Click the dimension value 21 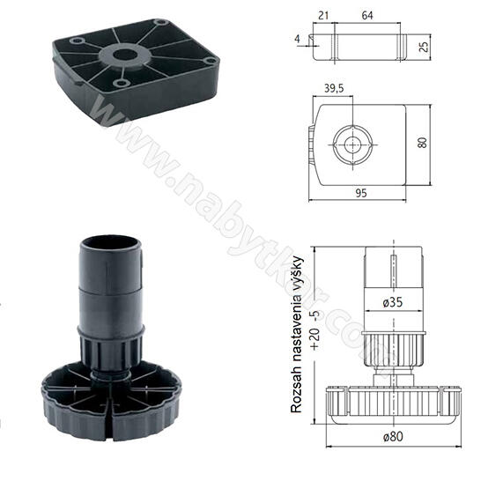(323, 15)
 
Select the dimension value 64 (367, 15)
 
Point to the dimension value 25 (424, 47)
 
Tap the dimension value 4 (297, 39)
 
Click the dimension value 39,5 (334, 88)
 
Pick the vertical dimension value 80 (422, 143)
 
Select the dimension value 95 (361, 193)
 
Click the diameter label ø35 (393, 302)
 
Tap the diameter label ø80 (393, 436)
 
